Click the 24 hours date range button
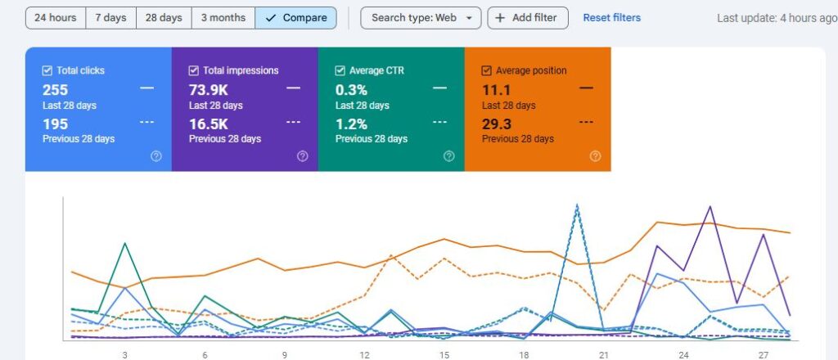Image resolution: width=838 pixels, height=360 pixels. point(55,17)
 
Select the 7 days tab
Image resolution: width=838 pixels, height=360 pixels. point(110,17)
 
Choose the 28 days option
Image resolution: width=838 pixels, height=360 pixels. point(164,17)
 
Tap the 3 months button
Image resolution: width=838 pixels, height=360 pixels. point(223,17)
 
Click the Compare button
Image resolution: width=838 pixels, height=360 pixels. point(295,17)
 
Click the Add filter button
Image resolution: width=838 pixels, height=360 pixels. point(528,17)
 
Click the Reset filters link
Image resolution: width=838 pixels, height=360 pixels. point(611,17)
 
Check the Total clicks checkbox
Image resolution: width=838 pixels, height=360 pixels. point(47,70)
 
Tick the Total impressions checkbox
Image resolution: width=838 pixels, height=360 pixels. point(193,70)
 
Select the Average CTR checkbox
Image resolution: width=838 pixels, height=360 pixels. point(340,70)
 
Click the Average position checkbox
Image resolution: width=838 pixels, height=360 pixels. point(486,70)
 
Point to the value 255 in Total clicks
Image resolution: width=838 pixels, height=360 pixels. point(55,89)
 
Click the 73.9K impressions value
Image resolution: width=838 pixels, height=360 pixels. point(208,89)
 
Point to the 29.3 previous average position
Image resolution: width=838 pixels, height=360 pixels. point(497,124)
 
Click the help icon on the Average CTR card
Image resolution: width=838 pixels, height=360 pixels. point(448,156)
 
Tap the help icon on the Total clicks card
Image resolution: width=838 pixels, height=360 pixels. point(155,156)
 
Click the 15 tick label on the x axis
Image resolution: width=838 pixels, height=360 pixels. point(444,355)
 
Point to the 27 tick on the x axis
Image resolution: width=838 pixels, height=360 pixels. point(763,355)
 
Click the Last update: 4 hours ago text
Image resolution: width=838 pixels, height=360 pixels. point(776,18)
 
